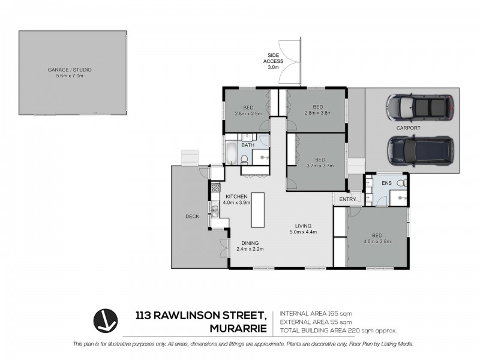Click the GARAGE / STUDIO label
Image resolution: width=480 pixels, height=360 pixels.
pyautogui.click(x=70, y=70)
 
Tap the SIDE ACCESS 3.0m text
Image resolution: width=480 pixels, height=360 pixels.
pyautogui.click(x=274, y=62)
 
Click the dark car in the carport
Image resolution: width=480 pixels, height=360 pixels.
pyautogui.click(x=420, y=150)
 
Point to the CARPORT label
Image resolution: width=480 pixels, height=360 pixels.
pyautogui.click(x=408, y=128)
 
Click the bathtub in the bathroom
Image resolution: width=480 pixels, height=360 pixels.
pyautogui.click(x=231, y=152)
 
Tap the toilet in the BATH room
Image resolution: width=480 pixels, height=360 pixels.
pyautogui.click(x=244, y=158)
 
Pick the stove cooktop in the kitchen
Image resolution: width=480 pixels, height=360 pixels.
pyautogui.click(x=215, y=187)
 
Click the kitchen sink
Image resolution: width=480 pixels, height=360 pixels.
pyautogui.click(x=215, y=209)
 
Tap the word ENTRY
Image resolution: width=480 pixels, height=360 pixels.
pyautogui.click(x=347, y=199)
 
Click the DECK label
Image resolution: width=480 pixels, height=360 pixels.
pyautogui.click(x=191, y=216)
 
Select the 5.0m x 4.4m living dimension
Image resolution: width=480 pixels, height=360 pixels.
pyautogui.click(x=303, y=232)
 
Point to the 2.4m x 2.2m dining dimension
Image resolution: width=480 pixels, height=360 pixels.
pyautogui.click(x=250, y=248)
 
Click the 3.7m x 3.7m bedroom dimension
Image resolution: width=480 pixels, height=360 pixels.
pyautogui.click(x=319, y=165)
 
